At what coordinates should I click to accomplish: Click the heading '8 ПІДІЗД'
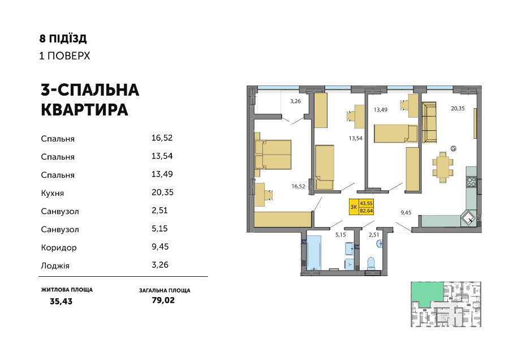(x=63, y=38)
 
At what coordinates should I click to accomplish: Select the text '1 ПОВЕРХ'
(x=64, y=56)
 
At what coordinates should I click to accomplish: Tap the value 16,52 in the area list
(x=162, y=138)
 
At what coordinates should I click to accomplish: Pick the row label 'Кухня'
(x=52, y=194)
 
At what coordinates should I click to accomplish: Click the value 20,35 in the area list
(x=162, y=192)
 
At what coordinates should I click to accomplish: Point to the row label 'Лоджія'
(x=55, y=266)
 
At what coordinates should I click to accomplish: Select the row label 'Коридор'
(x=59, y=247)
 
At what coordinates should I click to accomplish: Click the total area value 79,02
(x=163, y=300)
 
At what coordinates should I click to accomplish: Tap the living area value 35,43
(x=61, y=302)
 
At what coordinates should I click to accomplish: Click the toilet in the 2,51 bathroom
(x=370, y=263)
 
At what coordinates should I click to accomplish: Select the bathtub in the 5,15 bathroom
(x=314, y=253)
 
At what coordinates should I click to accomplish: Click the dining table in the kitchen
(x=443, y=167)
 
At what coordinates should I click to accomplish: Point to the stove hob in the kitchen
(x=471, y=182)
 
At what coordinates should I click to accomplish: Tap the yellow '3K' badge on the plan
(x=361, y=207)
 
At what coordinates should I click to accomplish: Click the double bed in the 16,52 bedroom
(x=273, y=155)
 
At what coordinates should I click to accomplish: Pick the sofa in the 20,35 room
(x=429, y=122)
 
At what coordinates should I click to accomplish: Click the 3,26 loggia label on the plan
(x=295, y=101)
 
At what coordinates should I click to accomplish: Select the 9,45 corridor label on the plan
(x=406, y=213)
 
